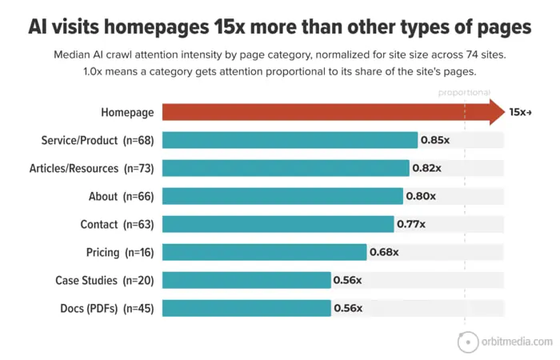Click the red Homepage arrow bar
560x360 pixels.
(x=334, y=112)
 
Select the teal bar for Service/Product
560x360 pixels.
(x=290, y=140)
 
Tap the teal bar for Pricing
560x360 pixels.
(x=264, y=252)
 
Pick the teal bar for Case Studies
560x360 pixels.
(x=246, y=280)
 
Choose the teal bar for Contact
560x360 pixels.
(x=278, y=224)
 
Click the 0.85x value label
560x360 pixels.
(x=435, y=140)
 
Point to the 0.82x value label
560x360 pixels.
(x=426, y=168)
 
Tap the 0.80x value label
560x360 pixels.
(x=421, y=196)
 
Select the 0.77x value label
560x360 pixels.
(x=411, y=224)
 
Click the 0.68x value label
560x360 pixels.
(x=384, y=252)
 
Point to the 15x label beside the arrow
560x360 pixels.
(x=520, y=112)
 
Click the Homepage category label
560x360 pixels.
(x=127, y=113)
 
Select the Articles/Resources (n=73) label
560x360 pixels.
(x=92, y=168)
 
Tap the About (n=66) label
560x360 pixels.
(x=122, y=197)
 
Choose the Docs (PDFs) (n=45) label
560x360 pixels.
(x=107, y=308)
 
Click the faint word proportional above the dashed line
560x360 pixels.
(x=464, y=93)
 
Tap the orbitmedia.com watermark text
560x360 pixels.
(x=517, y=342)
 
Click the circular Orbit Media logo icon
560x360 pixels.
(x=468, y=342)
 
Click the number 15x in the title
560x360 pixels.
(x=230, y=26)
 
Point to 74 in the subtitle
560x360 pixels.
(x=472, y=54)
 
